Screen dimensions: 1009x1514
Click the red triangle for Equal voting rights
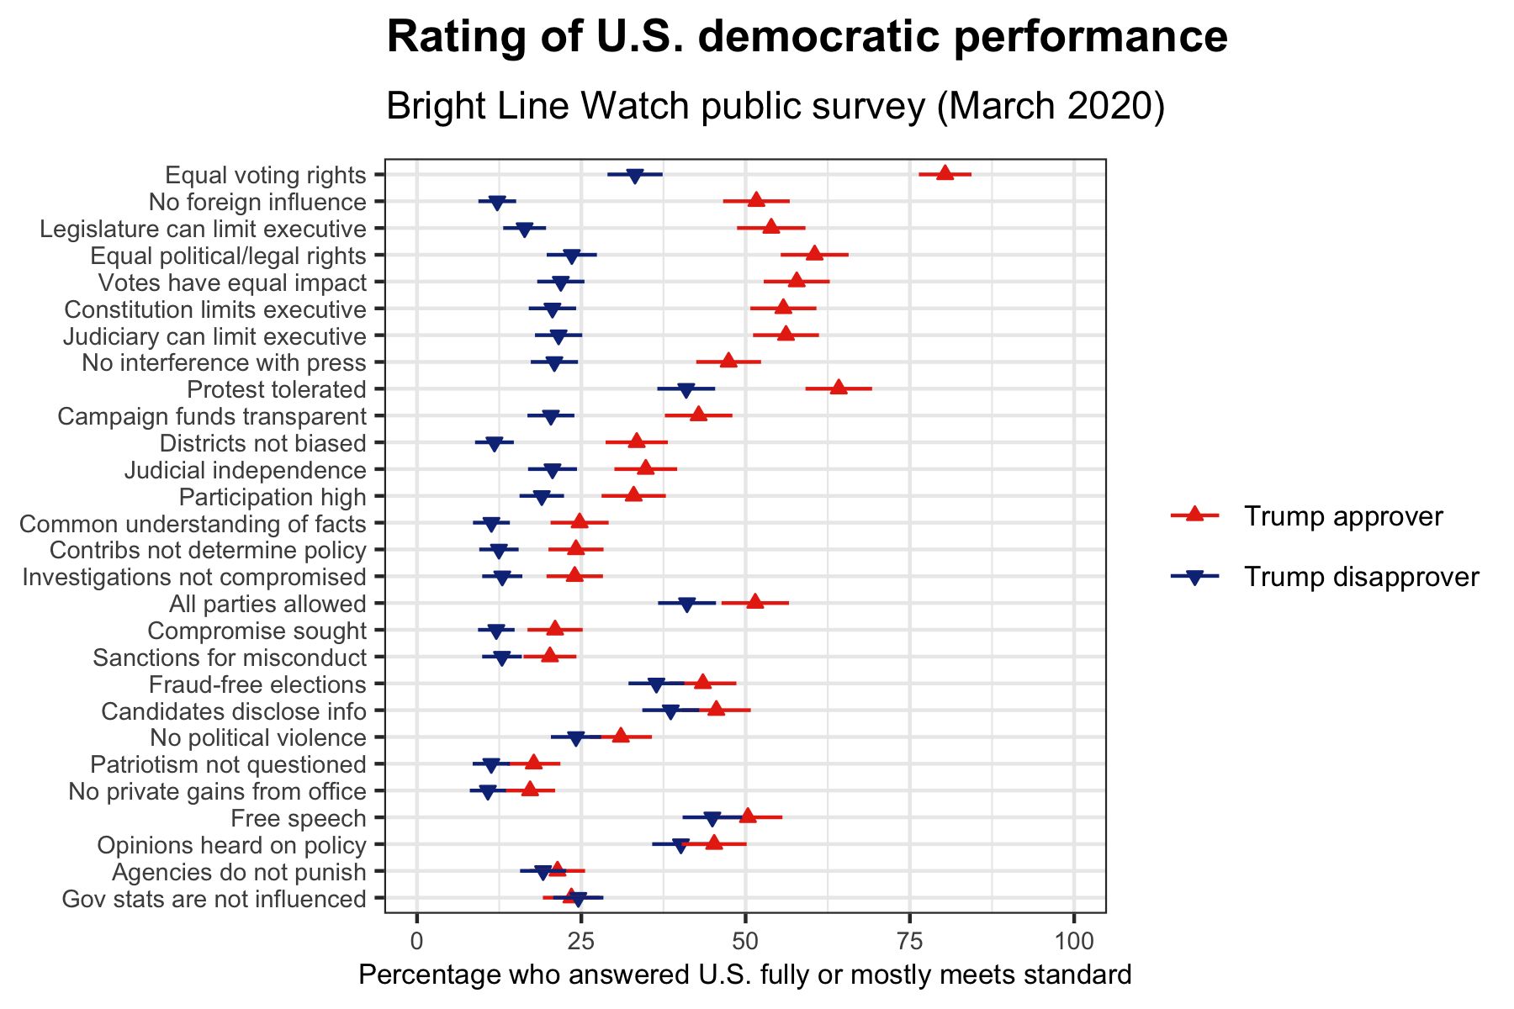coord(945,173)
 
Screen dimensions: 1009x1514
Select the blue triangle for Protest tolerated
coord(686,389)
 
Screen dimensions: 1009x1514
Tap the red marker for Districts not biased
coord(637,441)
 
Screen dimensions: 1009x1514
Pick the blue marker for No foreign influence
coord(497,203)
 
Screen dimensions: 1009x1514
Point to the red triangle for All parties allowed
coord(755,601)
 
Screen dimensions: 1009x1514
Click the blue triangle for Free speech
coord(712,818)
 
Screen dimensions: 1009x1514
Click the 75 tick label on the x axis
coord(909,938)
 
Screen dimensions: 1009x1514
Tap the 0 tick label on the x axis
coord(417,938)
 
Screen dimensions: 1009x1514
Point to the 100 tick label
coord(1073,938)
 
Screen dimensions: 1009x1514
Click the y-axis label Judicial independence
coord(245,470)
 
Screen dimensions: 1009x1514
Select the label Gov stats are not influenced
coord(214,900)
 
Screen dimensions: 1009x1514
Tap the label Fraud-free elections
coord(257,684)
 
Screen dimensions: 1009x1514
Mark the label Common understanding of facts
coord(193,524)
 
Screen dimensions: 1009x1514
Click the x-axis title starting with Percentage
coord(744,975)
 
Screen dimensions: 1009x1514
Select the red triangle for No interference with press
coord(728,362)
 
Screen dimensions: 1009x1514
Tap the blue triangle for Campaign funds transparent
coord(550,416)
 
